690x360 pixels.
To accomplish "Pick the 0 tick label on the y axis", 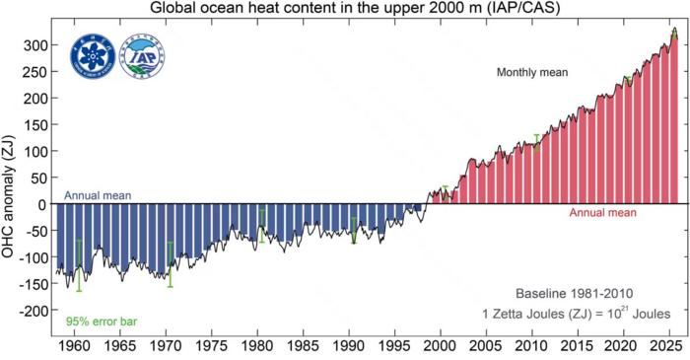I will click(x=43, y=204).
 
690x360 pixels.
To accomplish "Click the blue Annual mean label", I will click(x=99, y=195).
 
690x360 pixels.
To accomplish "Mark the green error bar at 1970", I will click(x=170, y=263).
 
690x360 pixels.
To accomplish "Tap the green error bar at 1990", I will click(x=354, y=229).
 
